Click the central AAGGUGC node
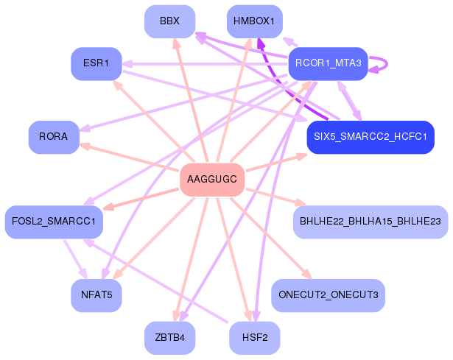tap(212, 180)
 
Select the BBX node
tap(170, 21)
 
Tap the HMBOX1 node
tap(255, 21)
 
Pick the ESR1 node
tap(96, 64)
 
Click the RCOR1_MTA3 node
tap(329, 64)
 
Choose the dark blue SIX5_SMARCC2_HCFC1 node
tap(371, 137)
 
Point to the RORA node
tap(54, 137)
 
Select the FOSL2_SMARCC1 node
tap(54, 222)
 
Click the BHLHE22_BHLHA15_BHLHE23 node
tap(371, 222)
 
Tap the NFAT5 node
tap(96, 295)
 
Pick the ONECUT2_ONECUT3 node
tap(329, 295)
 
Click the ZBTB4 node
tap(170, 338)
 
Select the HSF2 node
tap(255, 338)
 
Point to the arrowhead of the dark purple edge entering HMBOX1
tap(260, 43)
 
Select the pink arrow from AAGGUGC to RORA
tap(129, 158)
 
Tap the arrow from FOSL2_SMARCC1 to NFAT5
tap(76, 259)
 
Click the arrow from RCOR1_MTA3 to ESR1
tap(205, 64)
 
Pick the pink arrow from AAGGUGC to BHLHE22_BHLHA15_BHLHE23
tap(276, 197)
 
